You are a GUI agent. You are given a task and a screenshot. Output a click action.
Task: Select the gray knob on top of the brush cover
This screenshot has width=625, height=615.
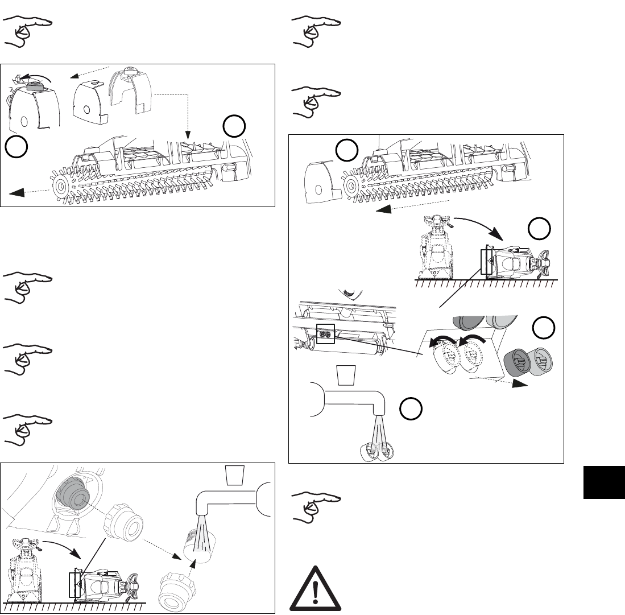pyautogui.click(x=36, y=85)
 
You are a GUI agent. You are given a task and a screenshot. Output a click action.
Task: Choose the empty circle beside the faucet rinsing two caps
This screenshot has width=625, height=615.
pyautogui.click(x=409, y=410)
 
